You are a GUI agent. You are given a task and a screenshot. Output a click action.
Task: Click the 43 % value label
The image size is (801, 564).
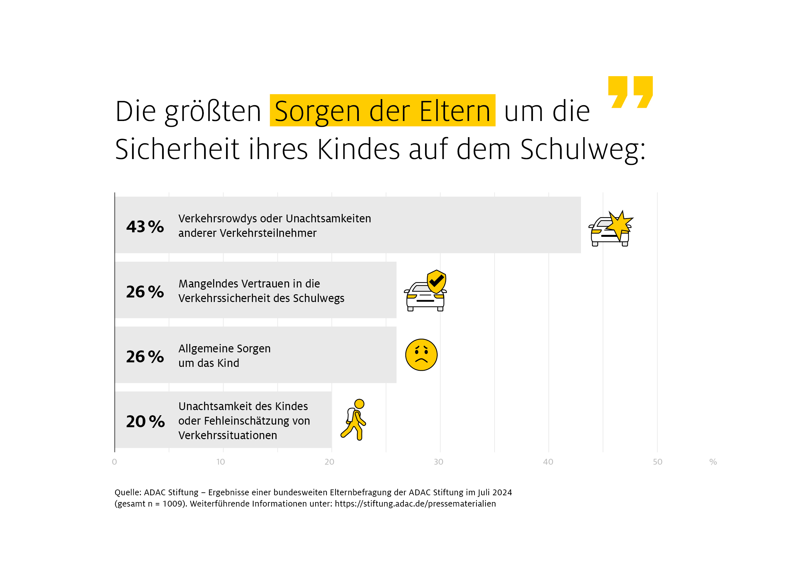145,227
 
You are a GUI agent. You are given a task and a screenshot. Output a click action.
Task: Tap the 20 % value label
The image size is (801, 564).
145,422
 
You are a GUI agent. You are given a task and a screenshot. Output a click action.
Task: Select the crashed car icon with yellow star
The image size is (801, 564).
611,229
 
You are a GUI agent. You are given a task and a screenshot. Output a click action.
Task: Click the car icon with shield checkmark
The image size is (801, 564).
426,291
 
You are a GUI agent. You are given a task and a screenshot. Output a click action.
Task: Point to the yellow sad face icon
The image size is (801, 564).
421,355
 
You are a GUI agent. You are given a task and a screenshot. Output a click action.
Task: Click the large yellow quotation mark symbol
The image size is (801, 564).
630,92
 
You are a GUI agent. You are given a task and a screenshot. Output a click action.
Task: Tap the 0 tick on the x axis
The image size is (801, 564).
114,462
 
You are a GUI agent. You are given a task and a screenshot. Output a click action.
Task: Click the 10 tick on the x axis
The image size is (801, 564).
221,462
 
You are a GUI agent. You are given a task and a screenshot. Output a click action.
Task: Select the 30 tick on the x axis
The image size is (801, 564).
439,462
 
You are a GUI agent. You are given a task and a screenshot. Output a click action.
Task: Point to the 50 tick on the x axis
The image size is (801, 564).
658,462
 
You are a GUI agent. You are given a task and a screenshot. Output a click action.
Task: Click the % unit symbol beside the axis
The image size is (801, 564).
713,462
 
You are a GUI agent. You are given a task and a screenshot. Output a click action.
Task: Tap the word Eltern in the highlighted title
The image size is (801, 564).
455,112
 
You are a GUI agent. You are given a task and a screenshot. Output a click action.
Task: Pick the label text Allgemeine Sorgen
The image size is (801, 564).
224,348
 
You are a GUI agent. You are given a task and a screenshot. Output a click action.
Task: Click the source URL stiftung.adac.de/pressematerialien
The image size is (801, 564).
415,504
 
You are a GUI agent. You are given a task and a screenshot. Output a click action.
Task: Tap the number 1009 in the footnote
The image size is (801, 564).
173,504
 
